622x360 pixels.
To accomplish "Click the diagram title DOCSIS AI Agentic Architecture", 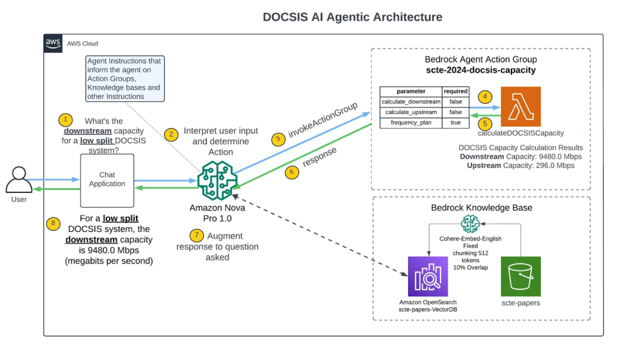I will pos(352,17).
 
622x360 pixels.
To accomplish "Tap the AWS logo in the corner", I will pos(53,43).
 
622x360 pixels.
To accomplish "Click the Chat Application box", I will pos(107,180).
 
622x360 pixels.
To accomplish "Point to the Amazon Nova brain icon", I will pos(216,180).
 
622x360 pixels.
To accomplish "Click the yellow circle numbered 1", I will pos(64,119).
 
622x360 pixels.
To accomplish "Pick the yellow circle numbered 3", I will pos(278,138).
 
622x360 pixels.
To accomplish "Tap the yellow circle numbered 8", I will pos(55,223).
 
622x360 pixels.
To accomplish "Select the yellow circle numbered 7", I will pos(194,235).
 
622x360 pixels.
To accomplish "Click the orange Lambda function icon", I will pos(521,106).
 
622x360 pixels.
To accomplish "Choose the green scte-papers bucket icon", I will pos(521,276).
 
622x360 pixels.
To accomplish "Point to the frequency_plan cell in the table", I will pos(411,123).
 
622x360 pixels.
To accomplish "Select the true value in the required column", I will pos(456,123).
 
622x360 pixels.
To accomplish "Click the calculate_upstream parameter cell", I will pos(411,112).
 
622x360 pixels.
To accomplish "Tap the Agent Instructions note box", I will pos(124,78).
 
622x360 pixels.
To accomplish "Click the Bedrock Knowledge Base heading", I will pos(481,208).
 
